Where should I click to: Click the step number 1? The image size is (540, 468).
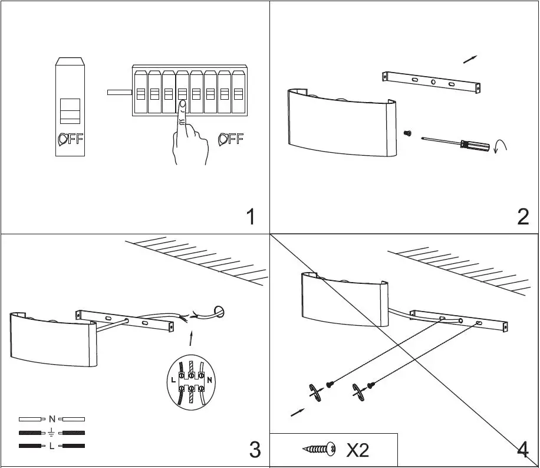(x=251, y=217)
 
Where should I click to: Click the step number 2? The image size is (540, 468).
(x=522, y=217)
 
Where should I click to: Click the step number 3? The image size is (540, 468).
(x=254, y=450)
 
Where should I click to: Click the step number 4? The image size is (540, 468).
(x=522, y=450)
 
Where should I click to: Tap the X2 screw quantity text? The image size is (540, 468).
(x=357, y=450)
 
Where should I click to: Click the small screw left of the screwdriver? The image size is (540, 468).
(x=407, y=134)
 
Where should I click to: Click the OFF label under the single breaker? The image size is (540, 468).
(x=71, y=139)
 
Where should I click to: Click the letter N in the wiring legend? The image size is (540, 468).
(x=52, y=419)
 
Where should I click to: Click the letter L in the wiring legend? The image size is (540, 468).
(x=52, y=446)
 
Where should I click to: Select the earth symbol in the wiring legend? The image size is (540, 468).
(x=52, y=433)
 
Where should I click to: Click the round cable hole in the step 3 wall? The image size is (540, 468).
(x=218, y=311)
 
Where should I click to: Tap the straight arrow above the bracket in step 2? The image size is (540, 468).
(x=470, y=59)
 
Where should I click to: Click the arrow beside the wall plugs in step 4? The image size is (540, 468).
(x=298, y=412)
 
